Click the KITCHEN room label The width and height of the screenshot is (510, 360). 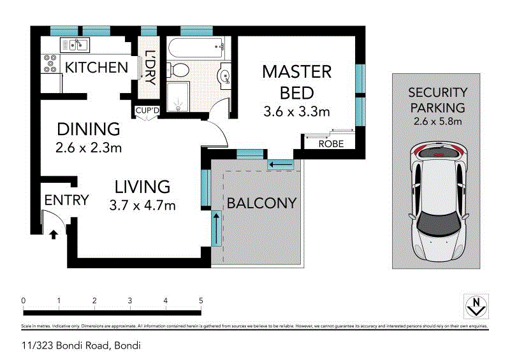92,67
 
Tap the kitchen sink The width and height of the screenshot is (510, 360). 76,45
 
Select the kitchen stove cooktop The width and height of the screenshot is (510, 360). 48,62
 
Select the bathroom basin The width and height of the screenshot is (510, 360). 225,76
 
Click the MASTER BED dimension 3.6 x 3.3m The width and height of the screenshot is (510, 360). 296,112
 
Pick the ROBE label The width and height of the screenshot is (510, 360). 330,144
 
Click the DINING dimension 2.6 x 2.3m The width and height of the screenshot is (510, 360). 88,148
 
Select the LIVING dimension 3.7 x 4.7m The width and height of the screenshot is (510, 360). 143,205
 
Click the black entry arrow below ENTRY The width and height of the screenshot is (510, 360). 53,234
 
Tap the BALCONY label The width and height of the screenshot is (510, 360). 262,203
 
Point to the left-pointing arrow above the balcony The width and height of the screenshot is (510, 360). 280,166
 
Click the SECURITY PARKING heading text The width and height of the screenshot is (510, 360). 437,100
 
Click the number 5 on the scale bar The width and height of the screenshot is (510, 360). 201,300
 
